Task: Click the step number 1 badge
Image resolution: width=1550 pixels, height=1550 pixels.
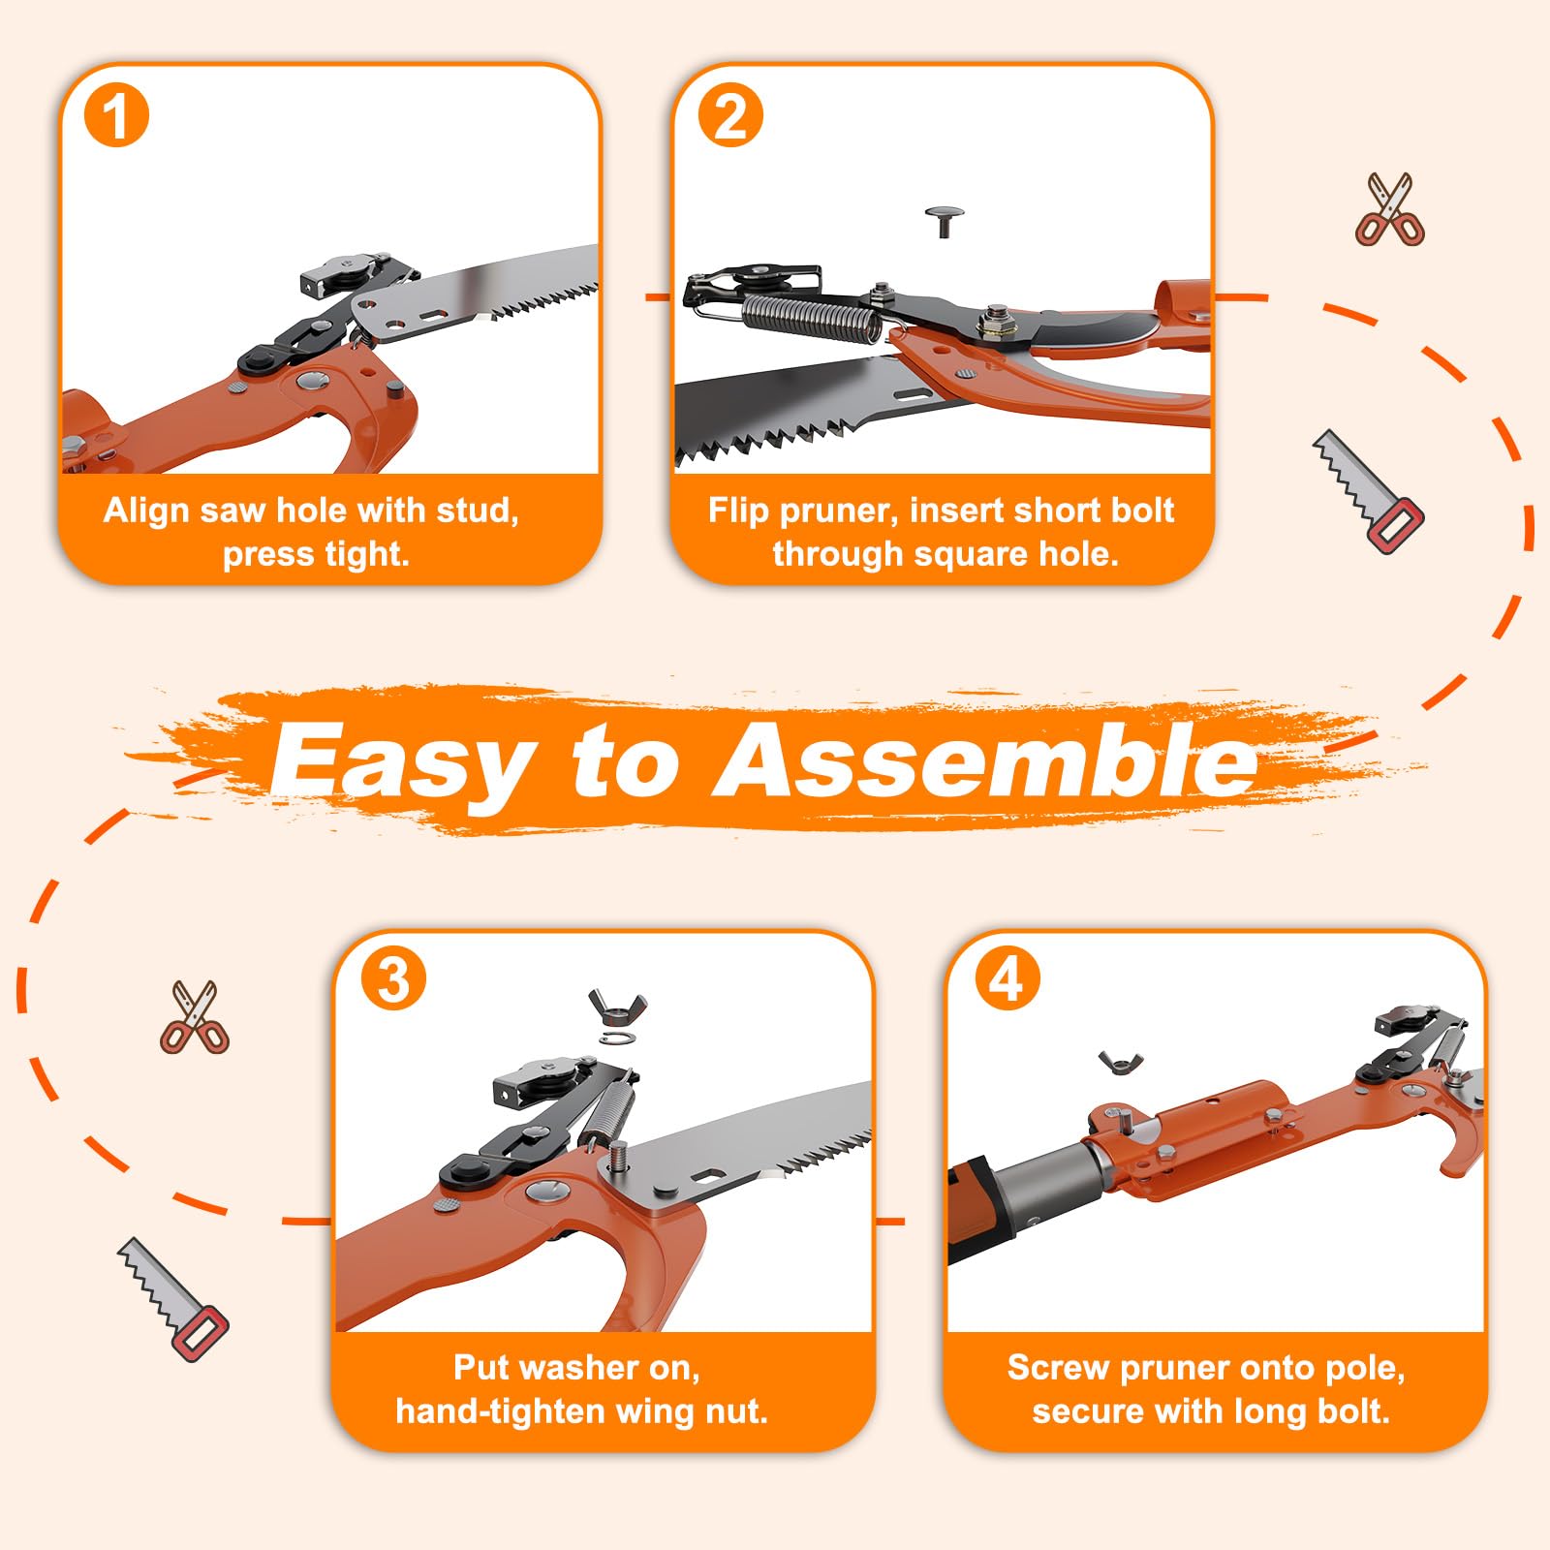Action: (x=116, y=115)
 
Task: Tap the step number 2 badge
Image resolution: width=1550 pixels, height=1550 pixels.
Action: (x=730, y=115)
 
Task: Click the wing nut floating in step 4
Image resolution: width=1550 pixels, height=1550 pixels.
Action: (x=1121, y=1062)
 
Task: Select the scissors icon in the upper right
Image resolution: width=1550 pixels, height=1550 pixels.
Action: (x=1390, y=209)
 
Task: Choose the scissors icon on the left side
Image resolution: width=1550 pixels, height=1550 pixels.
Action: (x=195, y=1017)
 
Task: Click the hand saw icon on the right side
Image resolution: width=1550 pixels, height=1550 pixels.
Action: (x=1368, y=491)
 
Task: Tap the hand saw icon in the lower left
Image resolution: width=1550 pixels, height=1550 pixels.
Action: (x=173, y=1299)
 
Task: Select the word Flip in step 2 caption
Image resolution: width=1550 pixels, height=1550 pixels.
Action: (x=738, y=511)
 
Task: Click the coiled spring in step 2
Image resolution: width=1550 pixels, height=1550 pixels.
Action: (x=813, y=319)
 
